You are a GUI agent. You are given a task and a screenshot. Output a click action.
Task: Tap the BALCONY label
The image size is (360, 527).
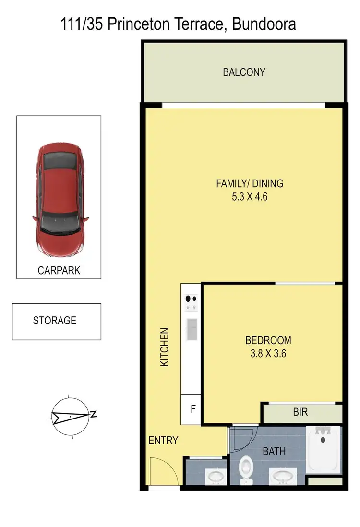244,72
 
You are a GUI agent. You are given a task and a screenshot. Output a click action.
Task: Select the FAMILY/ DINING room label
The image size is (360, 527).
250,183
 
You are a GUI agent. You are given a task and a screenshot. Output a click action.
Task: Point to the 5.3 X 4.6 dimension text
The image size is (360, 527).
250,196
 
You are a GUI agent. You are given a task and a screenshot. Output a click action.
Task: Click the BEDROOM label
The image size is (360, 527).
268,340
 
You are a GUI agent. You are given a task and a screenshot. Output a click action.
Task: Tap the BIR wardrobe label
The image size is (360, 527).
300,412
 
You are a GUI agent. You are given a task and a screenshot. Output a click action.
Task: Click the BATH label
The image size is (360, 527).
274,451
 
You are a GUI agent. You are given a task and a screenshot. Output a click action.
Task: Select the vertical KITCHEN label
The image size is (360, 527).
165,347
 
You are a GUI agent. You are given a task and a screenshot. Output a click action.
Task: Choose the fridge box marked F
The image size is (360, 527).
193,409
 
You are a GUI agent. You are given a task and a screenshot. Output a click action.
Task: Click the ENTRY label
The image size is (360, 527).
163,440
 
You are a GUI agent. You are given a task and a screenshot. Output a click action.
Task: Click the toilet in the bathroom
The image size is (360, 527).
246,468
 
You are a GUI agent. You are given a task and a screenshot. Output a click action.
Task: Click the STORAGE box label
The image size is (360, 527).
55,321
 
